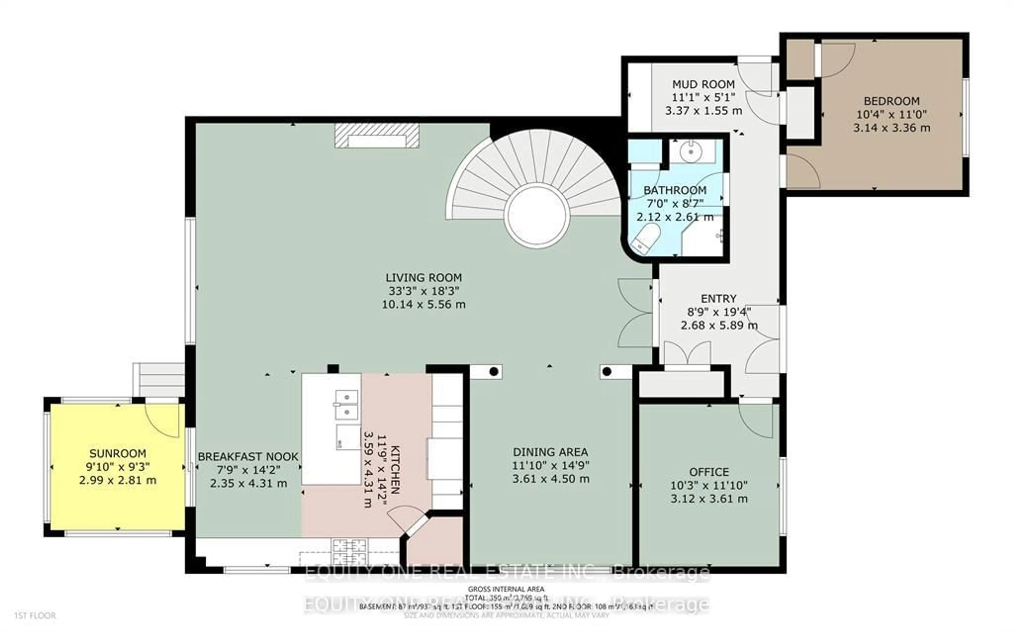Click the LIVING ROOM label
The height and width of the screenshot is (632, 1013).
tap(423, 277)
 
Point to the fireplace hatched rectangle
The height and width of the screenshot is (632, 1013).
tap(376, 135)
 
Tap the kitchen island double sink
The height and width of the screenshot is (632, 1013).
tap(347, 405)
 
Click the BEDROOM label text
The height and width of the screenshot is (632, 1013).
tap(891, 101)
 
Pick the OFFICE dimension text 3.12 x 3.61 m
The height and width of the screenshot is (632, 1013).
tap(709, 499)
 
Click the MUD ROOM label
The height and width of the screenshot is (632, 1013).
tap(703, 84)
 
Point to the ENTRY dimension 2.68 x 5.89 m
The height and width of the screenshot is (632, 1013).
tap(719, 325)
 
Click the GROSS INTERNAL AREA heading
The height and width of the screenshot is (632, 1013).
tap(506, 589)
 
